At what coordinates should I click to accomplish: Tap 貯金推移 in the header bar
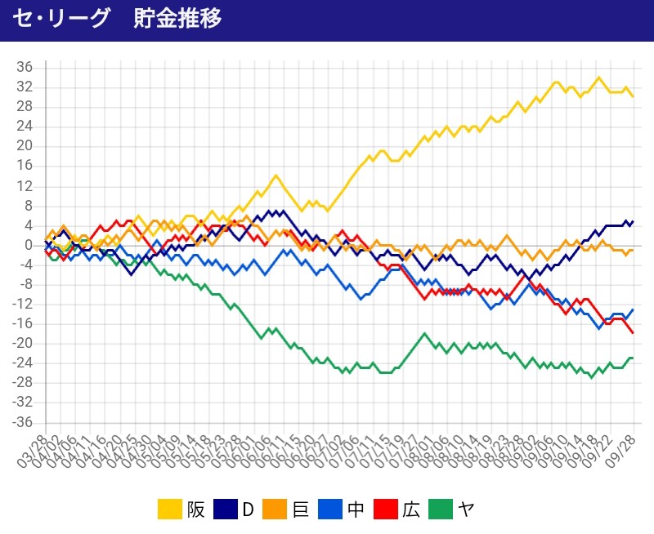[x=177, y=19]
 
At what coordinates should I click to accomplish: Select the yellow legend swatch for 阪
[x=169, y=510]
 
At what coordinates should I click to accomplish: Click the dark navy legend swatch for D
[x=225, y=510]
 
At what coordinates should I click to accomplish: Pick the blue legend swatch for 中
[x=331, y=510]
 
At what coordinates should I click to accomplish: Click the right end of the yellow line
[x=633, y=96]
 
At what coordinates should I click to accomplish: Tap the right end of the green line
[x=633, y=358]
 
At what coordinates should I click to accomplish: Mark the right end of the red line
[x=633, y=333]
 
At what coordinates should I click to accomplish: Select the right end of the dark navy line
[x=633, y=220]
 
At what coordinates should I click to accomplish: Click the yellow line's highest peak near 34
[x=598, y=78]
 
